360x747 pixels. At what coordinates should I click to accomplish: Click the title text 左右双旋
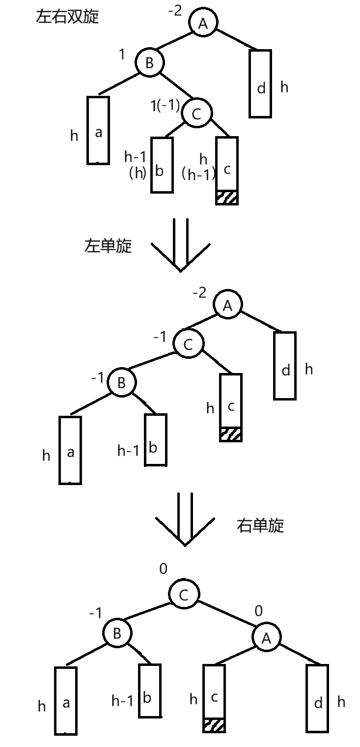[x=67, y=17]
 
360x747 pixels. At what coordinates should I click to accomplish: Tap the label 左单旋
[x=109, y=246]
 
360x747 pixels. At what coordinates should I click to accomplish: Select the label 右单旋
[x=260, y=526]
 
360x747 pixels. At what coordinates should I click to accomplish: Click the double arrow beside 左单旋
[x=180, y=246]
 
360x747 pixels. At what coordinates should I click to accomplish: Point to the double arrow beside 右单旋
[x=185, y=518]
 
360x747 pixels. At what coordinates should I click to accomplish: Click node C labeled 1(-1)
[x=196, y=114]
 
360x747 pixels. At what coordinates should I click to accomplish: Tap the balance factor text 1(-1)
[x=165, y=106]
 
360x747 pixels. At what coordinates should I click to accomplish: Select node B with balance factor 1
[x=149, y=63]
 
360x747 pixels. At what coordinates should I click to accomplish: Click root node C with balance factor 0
[x=183, y=596]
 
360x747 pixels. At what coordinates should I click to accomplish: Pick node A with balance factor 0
[x=266, y=638]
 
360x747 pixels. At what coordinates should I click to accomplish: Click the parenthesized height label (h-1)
[x=198, y=174]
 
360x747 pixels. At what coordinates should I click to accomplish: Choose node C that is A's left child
[x=188, y=345]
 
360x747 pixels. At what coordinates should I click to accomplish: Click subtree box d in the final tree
[x=317, y=698]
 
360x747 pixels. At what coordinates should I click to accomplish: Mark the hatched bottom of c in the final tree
[x=214, y=725]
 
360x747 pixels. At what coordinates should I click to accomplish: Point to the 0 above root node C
[x=164, y=569]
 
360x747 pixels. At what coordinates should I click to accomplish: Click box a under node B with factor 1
[x=98, y=130]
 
